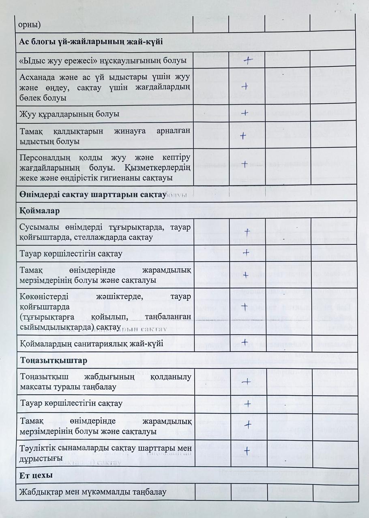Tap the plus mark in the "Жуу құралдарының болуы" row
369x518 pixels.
click(245, 113)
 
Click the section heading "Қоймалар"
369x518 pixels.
click(40, 211)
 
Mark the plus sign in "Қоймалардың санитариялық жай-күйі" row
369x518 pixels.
click(247, 342)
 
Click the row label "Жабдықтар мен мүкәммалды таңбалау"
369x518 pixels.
click(93, 492)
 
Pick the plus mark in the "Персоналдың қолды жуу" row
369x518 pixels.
click(245, 164)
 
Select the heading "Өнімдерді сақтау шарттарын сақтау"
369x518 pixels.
click(93, 195)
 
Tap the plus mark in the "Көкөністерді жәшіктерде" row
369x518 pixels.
click(245, 306)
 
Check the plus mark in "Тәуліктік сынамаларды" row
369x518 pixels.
click(246, 451)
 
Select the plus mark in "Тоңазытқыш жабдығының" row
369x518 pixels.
click(246, 382)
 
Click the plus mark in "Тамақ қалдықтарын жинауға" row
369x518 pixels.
click(243, 136)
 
